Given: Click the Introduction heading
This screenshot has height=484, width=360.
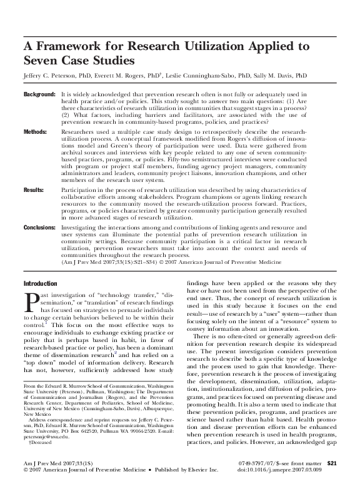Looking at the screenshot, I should pos(40,283).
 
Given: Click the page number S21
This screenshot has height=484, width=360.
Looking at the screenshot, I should pos(332,461).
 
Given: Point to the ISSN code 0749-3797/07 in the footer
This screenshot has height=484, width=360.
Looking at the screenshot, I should pos(265,461).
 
